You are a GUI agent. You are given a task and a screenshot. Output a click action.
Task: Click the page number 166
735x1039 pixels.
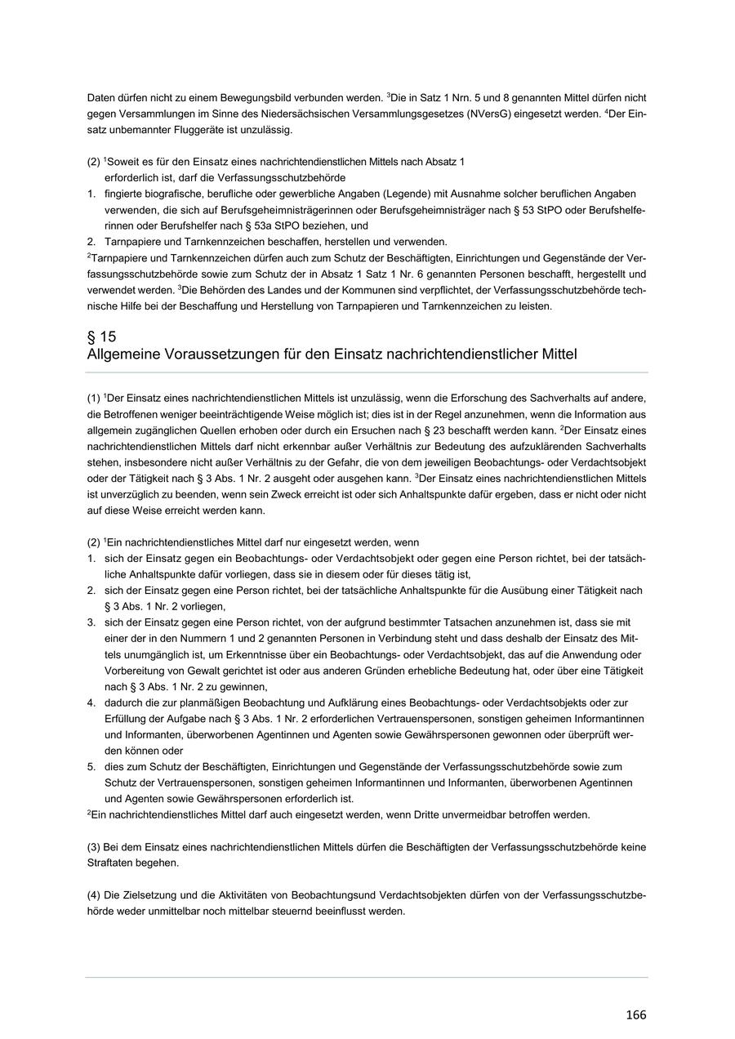coord(635,1014)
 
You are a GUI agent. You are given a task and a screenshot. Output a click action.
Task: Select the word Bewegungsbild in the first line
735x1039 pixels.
coord(262,98)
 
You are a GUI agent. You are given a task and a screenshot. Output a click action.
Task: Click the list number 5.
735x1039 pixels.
coord(91,766)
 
